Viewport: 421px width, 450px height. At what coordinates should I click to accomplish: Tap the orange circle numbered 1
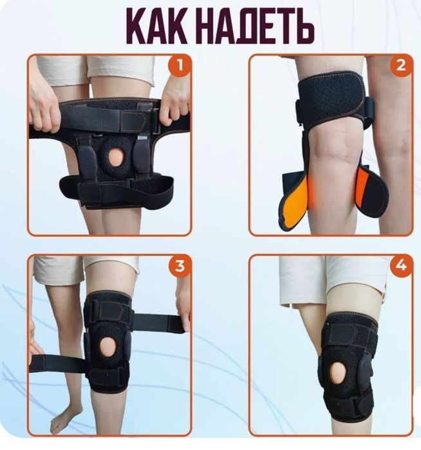point(180,66)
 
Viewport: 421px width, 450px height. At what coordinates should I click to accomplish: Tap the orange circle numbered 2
point(401,66)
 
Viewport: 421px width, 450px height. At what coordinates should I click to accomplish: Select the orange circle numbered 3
point(180,266)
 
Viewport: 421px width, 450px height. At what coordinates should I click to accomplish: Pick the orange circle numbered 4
point(401,266)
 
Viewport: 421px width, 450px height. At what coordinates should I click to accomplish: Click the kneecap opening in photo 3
point(108,348)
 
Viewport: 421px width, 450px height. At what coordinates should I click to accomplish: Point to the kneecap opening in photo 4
point(338,373)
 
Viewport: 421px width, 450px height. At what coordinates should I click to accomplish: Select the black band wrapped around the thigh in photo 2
point(333,98)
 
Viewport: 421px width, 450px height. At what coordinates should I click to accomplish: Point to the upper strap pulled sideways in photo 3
point(158,323)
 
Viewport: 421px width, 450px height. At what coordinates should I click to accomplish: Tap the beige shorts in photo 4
point(332,283)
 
